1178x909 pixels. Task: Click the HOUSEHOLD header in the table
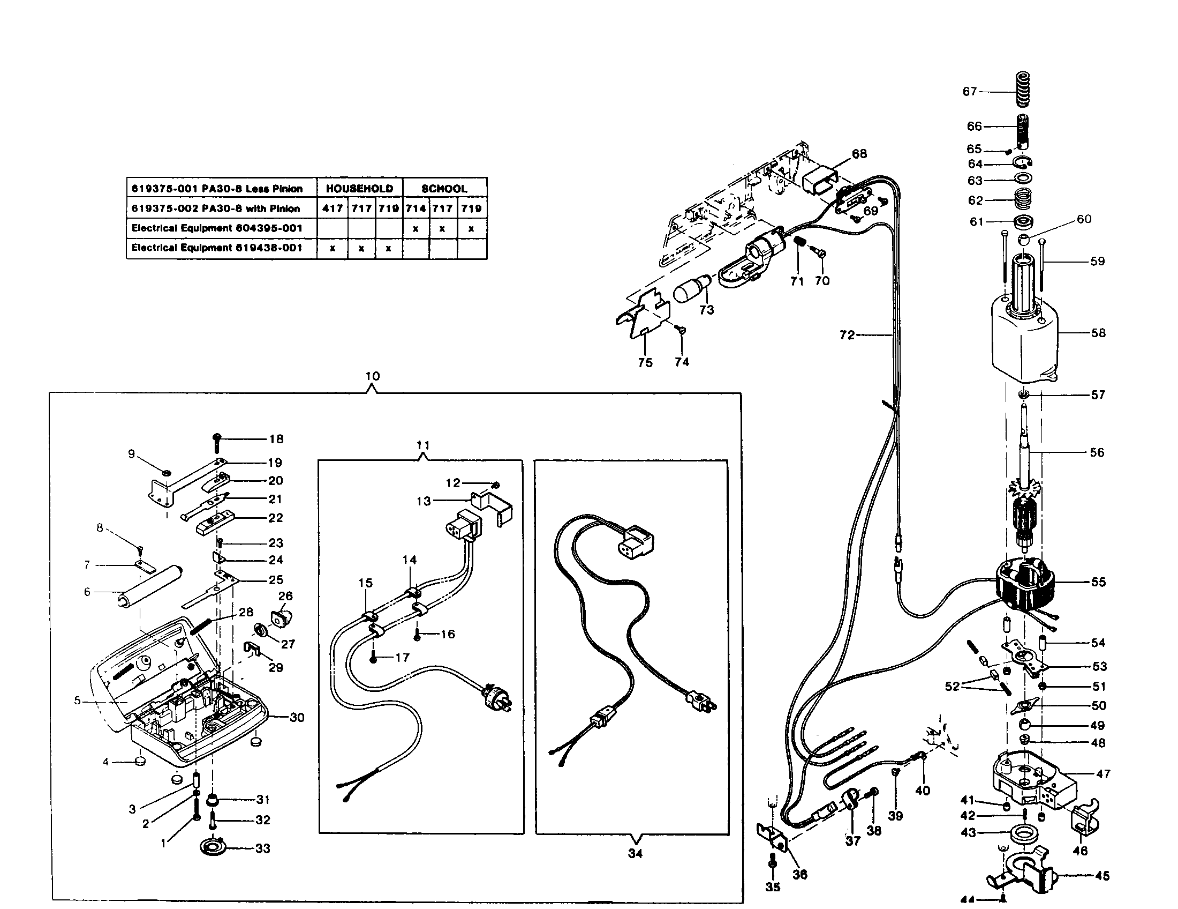click(x=359, y=188)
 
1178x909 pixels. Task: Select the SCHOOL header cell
click(x=444, y=188)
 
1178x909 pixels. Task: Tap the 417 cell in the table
click(x=333, y=208)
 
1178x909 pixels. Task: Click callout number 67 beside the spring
click(x=969, y=92)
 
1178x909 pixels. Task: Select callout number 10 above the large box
click(x=372, y=376)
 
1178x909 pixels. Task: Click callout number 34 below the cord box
click(x=635, y=853)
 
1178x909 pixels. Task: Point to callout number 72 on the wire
click(x=847, y=335)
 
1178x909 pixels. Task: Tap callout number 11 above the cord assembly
click(x=423, y=445)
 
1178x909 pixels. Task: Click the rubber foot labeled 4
click(x=140, y=761)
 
